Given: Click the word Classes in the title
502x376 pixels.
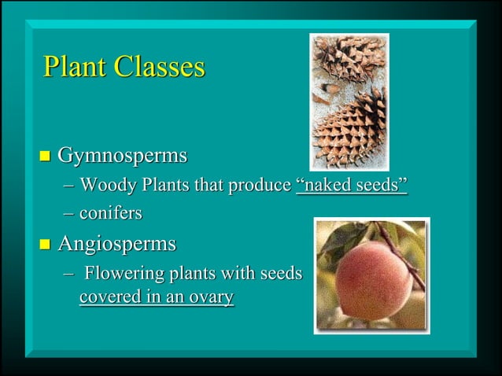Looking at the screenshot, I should point(160,67).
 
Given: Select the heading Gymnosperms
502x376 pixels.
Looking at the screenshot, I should point(123,156).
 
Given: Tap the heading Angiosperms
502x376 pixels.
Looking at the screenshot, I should point(117,244).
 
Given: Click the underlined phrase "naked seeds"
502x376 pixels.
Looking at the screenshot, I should point(352,186).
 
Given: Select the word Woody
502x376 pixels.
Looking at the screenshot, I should point(105,186).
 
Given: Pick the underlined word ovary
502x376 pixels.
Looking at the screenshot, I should point(212,298).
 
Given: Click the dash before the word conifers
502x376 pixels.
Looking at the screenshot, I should point(68,212).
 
